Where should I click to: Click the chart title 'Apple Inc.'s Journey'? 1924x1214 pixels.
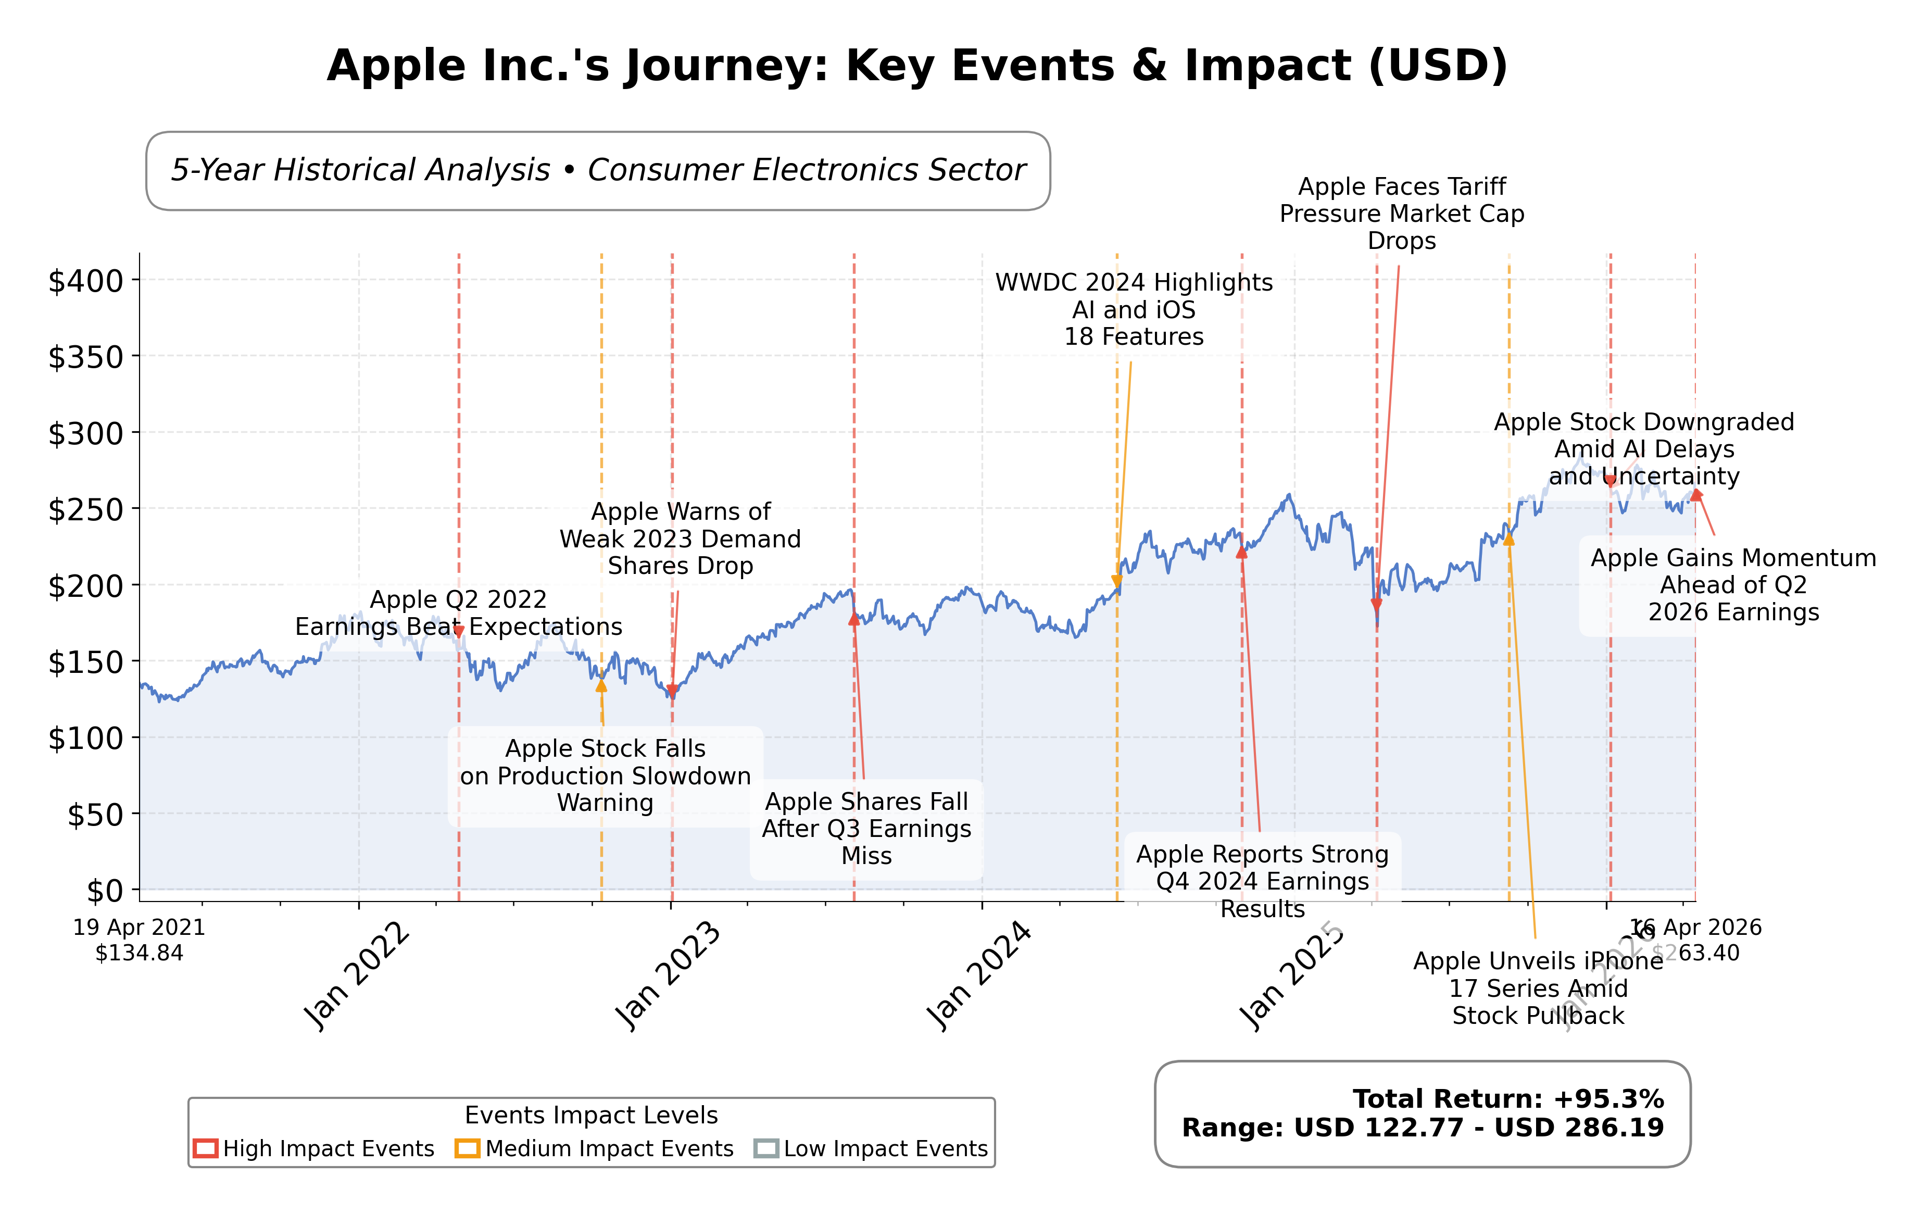(x=916, y=66)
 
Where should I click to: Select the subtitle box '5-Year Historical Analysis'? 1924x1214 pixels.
(x=598, y=170)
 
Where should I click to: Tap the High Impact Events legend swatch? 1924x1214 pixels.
(x=205, y=1148)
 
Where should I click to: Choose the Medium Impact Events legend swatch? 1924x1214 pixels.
(x=468, y=1148)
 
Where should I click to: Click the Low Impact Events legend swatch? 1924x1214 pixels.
(x=765, y=1148)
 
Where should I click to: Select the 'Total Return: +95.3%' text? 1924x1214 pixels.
(x=1508, y=1099)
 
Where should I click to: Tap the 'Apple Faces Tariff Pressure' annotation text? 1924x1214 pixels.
(x=1401, y=214)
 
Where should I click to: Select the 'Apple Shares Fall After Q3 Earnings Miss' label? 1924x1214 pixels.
(x=866, y=828)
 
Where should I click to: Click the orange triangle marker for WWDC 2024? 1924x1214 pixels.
(x=1117, y=581)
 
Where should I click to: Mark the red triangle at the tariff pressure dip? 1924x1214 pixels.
(x=1376, y=604)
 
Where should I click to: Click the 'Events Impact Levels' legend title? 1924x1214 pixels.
(x=592, y=1115)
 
